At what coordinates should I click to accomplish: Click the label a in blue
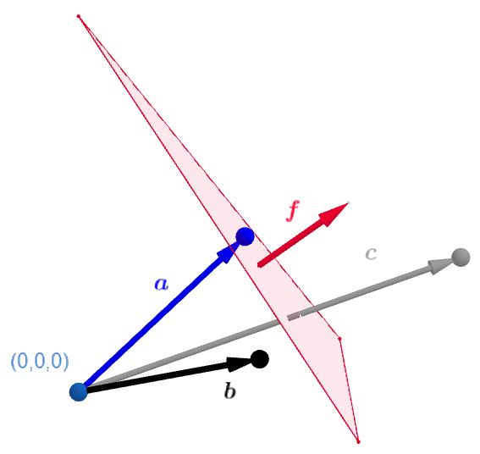[161, 284]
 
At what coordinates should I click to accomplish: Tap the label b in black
[229, 390]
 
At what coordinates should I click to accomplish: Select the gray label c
[371, 252]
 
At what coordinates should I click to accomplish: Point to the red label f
[293, 210]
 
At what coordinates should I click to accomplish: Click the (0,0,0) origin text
[40, 362]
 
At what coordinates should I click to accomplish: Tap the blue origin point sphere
[79, 391]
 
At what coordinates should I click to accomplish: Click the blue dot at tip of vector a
[245, 236]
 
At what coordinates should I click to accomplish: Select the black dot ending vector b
[260, 359]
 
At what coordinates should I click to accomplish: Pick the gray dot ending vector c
[461, 257]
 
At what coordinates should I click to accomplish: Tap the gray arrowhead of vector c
[441, 264]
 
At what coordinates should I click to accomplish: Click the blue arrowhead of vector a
[229, 252]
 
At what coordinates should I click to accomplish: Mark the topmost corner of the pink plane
[79, 16]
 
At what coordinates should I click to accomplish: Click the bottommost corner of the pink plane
[358, 441]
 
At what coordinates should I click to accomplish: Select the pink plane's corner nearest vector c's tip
[339, 339]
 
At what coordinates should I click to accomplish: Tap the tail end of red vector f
[260, 264]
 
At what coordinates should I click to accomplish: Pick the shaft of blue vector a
[152, 322]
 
